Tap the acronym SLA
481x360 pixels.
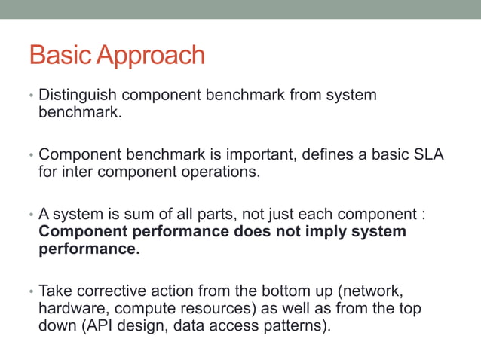(x=427, y=154)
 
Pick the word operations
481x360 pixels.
(x=219, y=172)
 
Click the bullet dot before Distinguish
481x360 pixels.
(x=31, y=96)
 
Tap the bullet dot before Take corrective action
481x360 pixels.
(x=31, y=291)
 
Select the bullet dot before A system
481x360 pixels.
(x=31, y=214)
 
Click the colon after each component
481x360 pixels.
(x=424, y=214)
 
